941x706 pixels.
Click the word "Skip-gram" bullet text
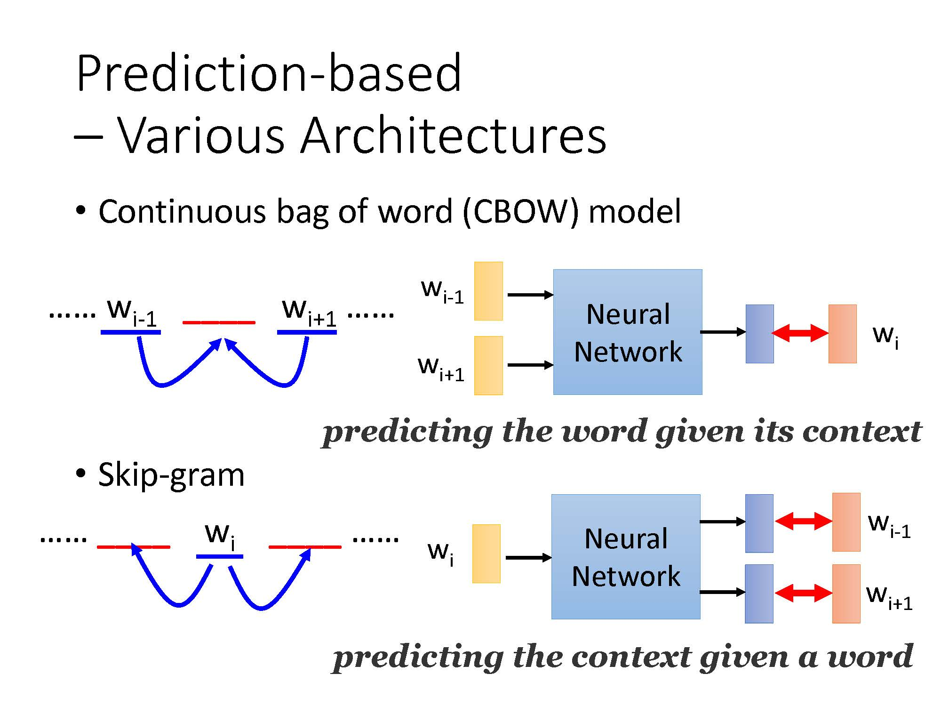pos(171,475)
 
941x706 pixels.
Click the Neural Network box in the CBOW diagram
pos(628,332)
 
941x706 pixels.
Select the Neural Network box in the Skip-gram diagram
pos(626,557)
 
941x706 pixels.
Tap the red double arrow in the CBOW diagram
pos(800,333)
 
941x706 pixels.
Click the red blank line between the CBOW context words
pos(219,322)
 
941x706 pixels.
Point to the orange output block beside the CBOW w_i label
pos(842,334)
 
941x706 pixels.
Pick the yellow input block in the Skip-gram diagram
pos(486,554)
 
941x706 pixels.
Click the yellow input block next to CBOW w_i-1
pos(488,291)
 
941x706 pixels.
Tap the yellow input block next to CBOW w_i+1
pos(488,365)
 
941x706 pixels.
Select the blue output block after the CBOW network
pos(759,334)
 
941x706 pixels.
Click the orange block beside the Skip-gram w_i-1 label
pos(846,522)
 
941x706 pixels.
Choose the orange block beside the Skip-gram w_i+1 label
pos(846,594)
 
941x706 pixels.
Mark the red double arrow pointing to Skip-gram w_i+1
pos(803,593)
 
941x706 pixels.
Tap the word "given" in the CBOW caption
pos(701,431)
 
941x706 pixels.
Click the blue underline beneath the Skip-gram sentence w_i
pos(219,556)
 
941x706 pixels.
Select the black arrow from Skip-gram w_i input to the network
pos(528,558)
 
